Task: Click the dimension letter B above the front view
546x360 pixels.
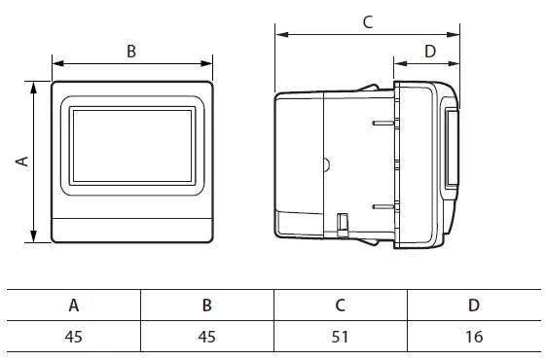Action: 131,52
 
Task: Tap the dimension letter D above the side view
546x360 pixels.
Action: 429,51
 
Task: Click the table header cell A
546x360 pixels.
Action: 74,305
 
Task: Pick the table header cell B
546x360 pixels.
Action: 206,305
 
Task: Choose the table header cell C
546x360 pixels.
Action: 340,305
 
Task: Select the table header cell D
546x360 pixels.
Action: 473,305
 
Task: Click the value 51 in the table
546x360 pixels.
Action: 340,339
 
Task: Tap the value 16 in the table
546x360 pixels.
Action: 473,339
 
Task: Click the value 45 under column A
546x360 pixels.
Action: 74,339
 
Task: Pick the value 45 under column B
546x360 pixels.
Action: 206,339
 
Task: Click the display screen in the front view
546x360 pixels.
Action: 131,146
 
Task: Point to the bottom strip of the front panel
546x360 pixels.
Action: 131,232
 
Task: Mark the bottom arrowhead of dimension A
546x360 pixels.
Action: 35,238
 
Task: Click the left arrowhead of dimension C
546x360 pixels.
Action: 280,34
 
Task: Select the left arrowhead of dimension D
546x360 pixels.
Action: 397,64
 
